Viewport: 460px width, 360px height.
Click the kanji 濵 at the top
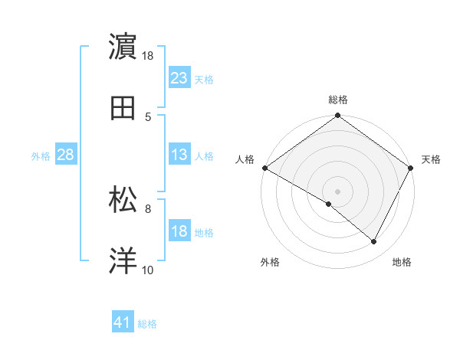tap(124, 46)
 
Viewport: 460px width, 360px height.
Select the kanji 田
tap(124, 109)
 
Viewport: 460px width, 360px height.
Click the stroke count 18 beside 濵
tap(148, 55)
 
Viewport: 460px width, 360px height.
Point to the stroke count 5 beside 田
tap(147, 117)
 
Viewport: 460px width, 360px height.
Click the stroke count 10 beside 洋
tap(148, 270)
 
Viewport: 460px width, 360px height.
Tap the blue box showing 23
tap(179, 77)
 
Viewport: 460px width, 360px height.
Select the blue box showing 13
tap(179, 155)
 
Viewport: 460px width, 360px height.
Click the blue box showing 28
tap(65, 155)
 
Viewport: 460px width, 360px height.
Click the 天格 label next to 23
tap(204, 79)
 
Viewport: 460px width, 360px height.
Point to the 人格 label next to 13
tap(204, 156)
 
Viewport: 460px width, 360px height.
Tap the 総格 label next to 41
tap(147, 324)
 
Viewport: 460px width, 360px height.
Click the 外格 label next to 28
tap(41, 156)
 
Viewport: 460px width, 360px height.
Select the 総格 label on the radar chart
tap(338, 100)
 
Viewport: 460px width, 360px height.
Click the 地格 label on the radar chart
tap(402, 263)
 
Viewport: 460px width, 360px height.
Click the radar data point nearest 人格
tap(264, 168)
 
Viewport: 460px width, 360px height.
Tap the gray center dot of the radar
tap(338, 191)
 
